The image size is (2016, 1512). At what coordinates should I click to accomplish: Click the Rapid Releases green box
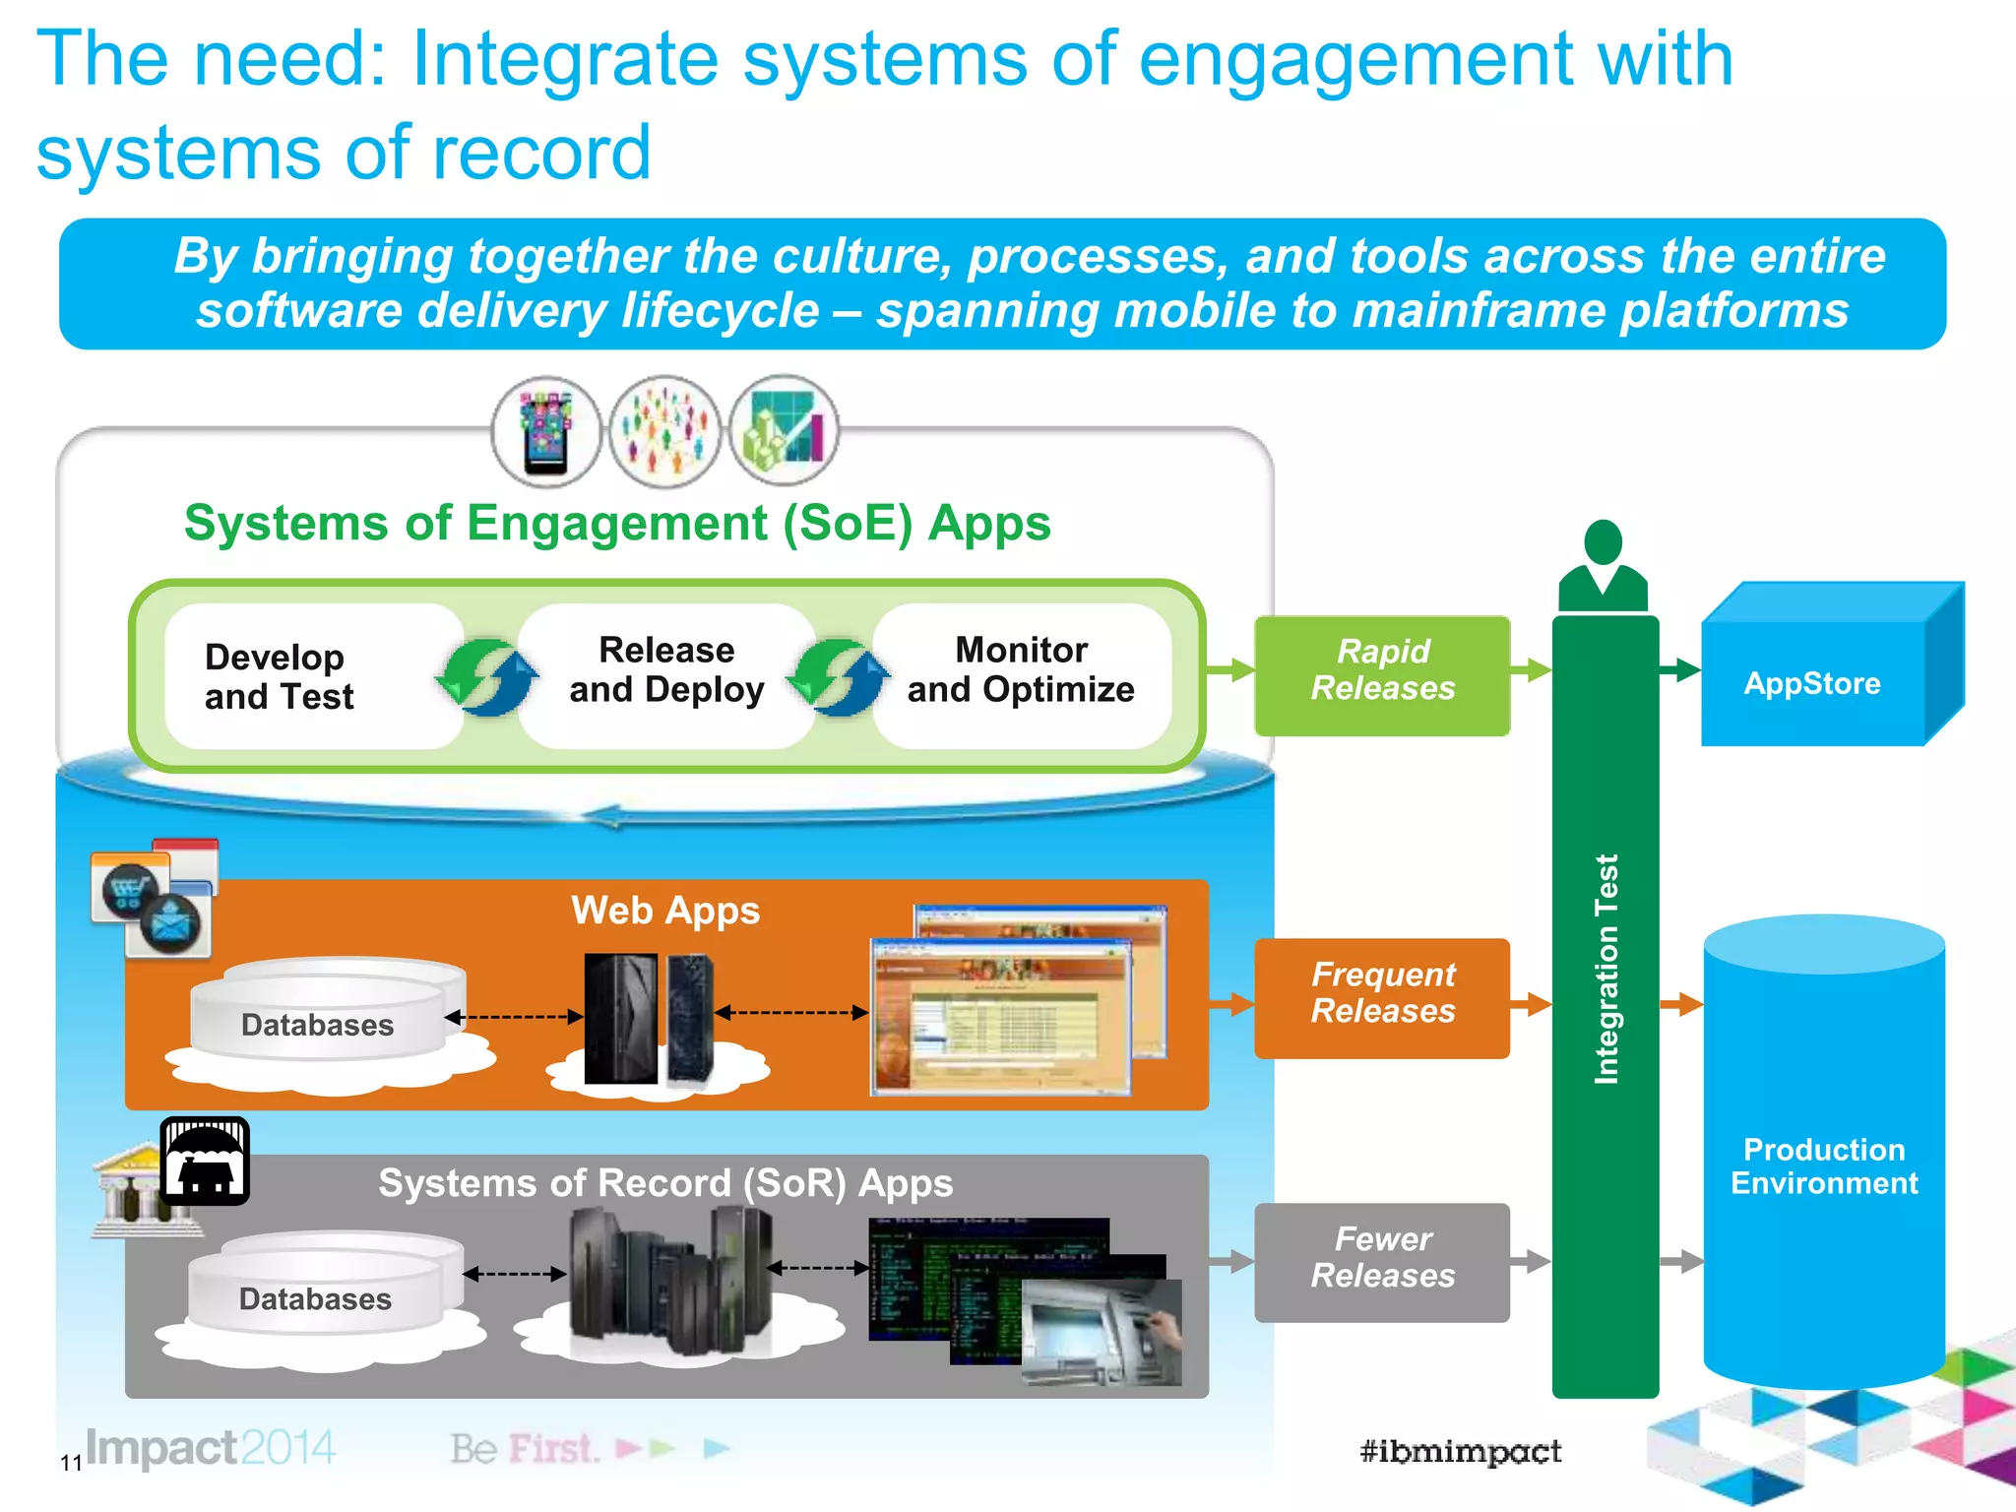click(x=1382, y=675)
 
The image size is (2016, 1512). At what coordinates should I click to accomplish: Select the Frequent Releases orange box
click(x=1382, y=997)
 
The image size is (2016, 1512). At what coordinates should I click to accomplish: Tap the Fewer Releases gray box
click(x=1382, y=1261)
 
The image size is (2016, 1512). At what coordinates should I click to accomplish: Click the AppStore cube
click(x=1812, y=683)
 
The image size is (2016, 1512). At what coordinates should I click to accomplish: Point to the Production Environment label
click(x=1824, y=1166)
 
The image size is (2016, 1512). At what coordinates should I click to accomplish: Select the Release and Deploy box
click(x=666, y=671)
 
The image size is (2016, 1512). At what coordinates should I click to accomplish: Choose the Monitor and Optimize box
click(x=1021, y=671)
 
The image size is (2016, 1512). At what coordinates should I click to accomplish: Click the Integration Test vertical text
click(x=1606, y=970)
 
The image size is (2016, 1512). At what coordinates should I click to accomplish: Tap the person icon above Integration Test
click(x=1603, y=566)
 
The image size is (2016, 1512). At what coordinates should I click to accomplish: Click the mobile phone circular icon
click(x=546, y=432)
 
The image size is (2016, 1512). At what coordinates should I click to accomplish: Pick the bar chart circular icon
click(x=785, y=432)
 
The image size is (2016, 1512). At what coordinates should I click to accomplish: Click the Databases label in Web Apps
click(x=317, y=1026)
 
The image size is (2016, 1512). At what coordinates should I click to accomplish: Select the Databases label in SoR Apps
click(x=315, y=1299)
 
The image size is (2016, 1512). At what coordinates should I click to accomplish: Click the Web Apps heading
click(x=665, y=911)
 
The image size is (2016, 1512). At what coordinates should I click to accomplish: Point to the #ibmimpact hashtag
click(x=1460, y=1451)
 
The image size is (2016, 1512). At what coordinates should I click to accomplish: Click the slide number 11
click(x=71, y=1463)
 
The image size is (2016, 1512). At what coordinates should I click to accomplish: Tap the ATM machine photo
click(x=1102, y=1332)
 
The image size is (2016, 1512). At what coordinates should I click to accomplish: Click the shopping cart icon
click(x=128, y=891)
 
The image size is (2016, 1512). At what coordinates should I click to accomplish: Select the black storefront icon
click(x=205, y=1161)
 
